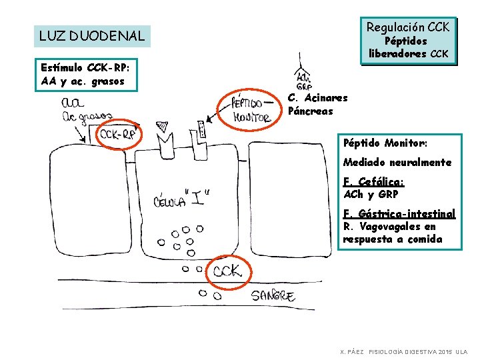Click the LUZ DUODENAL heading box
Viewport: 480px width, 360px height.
(92, 36)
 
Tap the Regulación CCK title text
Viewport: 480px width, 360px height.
(408, 27)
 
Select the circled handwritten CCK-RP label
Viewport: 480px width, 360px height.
(118, 135)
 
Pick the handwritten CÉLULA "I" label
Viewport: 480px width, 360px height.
(181, 198)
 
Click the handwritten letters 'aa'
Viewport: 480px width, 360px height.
(73, 103)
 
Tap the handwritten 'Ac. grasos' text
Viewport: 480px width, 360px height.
(86, 118)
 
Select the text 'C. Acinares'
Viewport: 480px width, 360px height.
(317, 98)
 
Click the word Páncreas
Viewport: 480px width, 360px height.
(310, 111)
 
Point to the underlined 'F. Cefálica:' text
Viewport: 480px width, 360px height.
(373, 181)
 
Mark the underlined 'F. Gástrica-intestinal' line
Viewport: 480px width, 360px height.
(399, 214)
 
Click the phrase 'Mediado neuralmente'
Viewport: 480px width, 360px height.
(397, 162)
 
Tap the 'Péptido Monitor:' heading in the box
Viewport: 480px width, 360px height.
(385, 143)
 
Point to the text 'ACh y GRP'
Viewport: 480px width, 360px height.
(370, 195)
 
